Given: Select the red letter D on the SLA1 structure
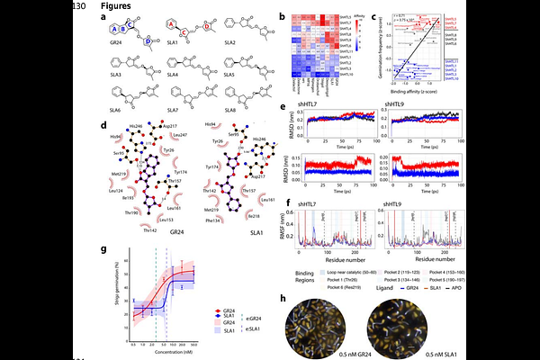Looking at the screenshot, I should (207, 27).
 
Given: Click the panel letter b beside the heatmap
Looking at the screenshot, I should (282, 17).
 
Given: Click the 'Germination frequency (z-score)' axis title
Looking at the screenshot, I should (373, 49).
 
